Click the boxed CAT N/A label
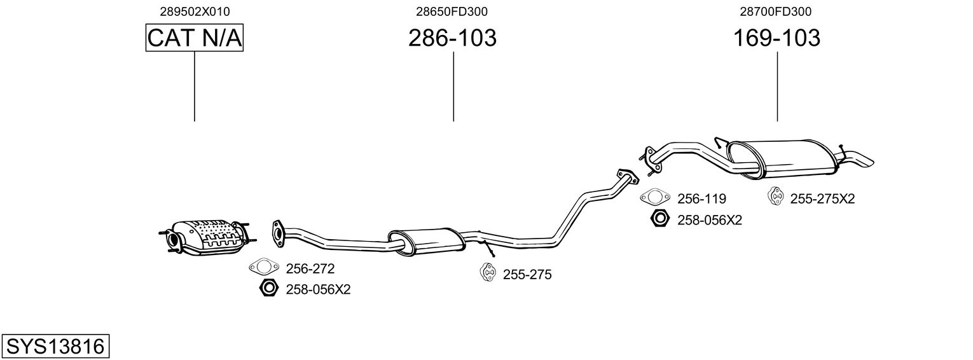tap(195, 38)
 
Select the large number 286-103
tap(452, 38)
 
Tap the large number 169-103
tap(776, 38)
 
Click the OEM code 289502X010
tap(195, 11)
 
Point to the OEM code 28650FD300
tap(452, 11)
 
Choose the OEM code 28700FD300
tap(776, 11)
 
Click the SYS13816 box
tap(55, 347)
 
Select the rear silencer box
tap(782, 157)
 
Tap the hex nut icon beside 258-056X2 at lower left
tap(268, 289)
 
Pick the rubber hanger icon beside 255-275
tap(488, 273)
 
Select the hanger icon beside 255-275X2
tap(776, 197)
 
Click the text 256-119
tap(701, 198)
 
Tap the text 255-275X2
tap(822, 198)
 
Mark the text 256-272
tap(310, 269)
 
